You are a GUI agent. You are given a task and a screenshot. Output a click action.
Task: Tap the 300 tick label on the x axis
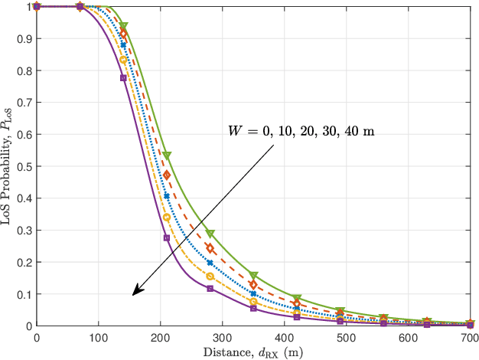(x=222, y=337)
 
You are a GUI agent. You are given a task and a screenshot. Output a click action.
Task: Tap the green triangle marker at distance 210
(x=167, y=155)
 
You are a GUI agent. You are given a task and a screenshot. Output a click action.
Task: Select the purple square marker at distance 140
(x=123, y=78)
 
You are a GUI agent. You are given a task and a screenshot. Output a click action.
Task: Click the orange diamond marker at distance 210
(x=167, y=175)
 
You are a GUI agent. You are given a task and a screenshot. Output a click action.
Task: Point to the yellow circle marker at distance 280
(x=210, y=276)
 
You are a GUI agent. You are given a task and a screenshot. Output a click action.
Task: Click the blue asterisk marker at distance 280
(x=210, y=263)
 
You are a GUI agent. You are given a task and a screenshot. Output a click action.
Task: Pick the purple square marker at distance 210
(x=167, y=238)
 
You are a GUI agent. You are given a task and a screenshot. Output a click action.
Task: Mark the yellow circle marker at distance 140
(x=123, y=60)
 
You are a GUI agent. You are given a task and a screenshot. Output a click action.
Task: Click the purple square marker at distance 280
(x=210, y=288)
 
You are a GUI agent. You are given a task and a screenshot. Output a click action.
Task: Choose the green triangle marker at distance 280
(x=210, y=233)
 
